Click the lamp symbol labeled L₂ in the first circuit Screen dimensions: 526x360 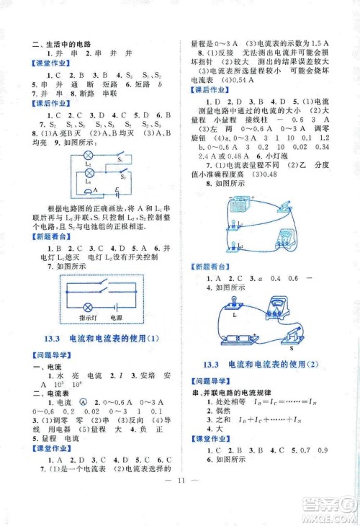pos(89,155)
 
